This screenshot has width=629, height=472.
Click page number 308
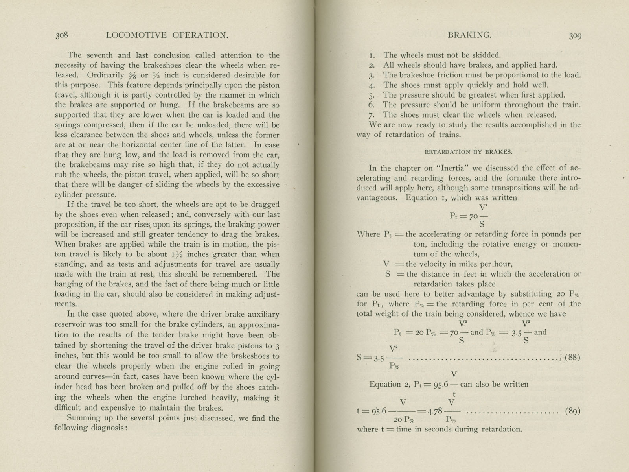62,35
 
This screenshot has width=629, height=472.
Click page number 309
575,36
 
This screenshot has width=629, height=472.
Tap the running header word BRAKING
469,35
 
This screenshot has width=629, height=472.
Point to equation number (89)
572,411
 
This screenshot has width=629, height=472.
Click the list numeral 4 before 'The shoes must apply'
372,85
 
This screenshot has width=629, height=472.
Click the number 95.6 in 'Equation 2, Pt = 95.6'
444,384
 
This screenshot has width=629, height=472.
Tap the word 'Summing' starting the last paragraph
84,418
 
